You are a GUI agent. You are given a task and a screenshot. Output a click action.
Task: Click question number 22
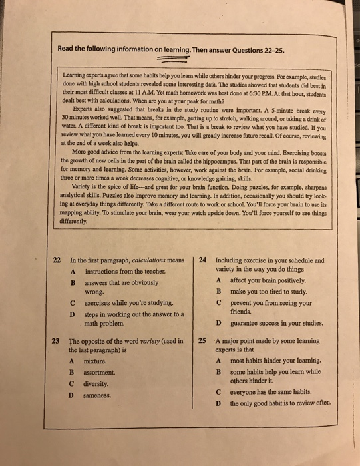pyautogui.click(x=57, y=260)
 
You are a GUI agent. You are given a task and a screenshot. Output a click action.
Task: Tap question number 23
pyautogui.click(x=56, y=341)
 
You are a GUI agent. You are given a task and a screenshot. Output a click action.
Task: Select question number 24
pyautogui.click(x=203, y=260)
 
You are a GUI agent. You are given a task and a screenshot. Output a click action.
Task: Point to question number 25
pyautogui.click(x=202, y=342)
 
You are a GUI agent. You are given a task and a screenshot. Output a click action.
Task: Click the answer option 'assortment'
pyautogui.click(x=94, y=373)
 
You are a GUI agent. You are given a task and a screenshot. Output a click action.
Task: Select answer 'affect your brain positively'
pyautogui.click(x=270, y=281)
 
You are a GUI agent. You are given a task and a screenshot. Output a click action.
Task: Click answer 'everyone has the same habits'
pyautogui.click(x=270, y=393)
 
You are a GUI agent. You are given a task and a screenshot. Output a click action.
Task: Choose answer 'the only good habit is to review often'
pyautogui.click(x=279, y=404)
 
